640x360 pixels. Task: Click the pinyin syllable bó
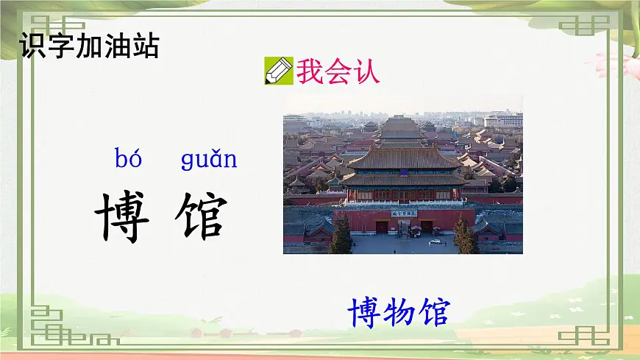[x=129, y=158]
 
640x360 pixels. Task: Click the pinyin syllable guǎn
[x=209, y=159]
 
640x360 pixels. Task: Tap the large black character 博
[x=122, y=217]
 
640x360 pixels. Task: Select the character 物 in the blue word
[x=399, y=312]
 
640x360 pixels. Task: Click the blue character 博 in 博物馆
[x=365, y=312]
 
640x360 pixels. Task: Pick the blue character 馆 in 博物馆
[x=432, y=312]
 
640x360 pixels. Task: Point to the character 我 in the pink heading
[x=311, y=71]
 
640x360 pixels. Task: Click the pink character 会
[x=338, y=71]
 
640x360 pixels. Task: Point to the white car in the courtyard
[x=436, y=241]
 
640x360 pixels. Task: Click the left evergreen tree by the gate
[x=341, y=236]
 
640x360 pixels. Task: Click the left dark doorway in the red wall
[x=383, y=227]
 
